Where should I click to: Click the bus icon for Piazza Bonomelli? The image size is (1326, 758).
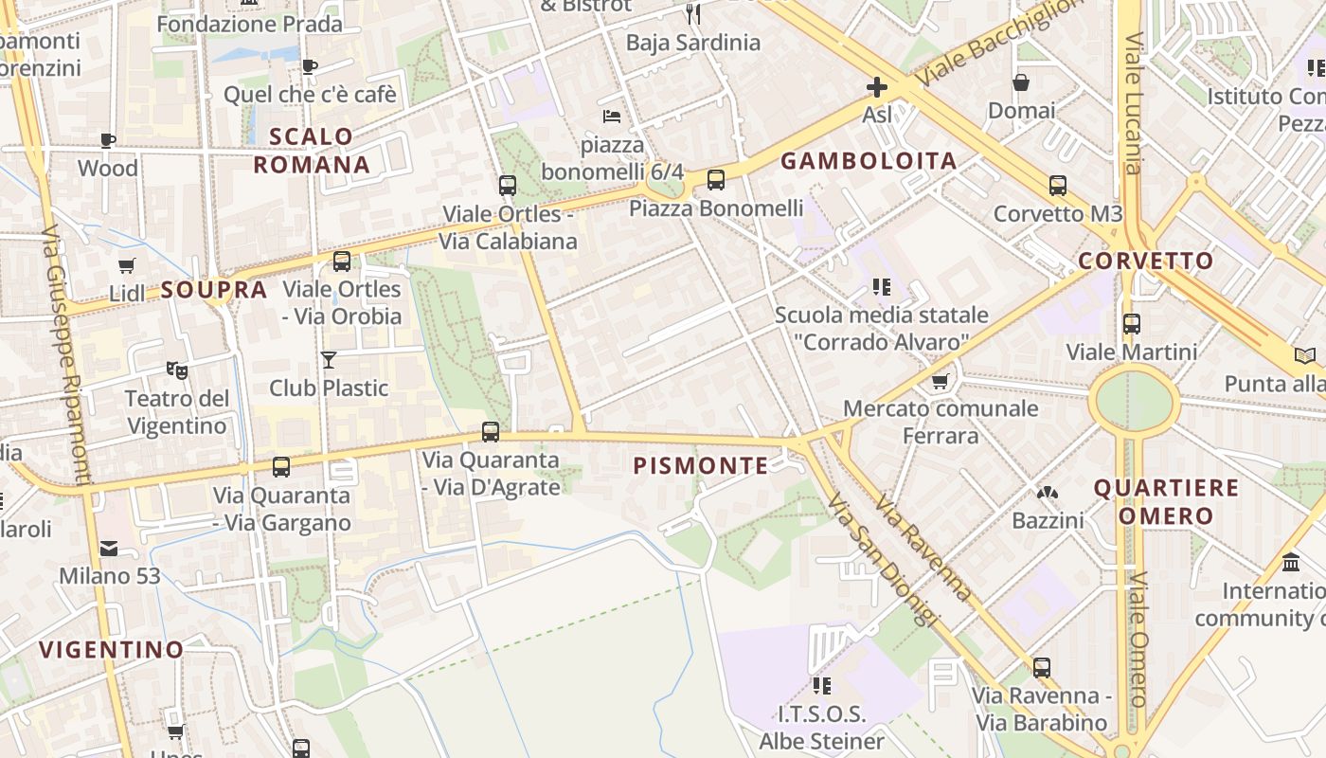point(716,179)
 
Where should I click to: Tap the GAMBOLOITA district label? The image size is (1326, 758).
point(869,161)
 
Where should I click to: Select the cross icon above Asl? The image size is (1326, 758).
point(877,88)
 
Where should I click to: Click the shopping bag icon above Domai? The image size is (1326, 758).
point(1021,82)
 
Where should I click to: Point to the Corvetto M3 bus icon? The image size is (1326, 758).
point(1058,186)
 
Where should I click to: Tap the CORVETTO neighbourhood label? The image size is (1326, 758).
point(1145,261)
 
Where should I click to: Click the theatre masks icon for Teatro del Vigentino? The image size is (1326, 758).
point(175,370)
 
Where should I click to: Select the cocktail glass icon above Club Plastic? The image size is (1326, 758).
point(329,359)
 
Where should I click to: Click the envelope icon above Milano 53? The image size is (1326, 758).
point(109,548)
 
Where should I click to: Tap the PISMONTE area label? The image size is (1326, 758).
point(701,465)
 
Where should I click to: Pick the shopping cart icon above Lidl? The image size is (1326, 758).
point(127,265)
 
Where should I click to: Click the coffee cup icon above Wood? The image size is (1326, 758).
point(108,141)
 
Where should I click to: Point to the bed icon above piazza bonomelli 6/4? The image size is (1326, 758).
point(612,117)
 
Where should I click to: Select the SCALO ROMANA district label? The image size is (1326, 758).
point(312,151)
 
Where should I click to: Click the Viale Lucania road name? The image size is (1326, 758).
point(1134,104)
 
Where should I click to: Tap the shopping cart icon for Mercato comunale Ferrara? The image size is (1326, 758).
point(940,381)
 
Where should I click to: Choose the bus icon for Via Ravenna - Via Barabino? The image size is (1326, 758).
point(1042,667)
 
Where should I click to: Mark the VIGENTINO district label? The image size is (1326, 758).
point(111,650)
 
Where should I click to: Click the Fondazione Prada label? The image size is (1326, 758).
point(250,24)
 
